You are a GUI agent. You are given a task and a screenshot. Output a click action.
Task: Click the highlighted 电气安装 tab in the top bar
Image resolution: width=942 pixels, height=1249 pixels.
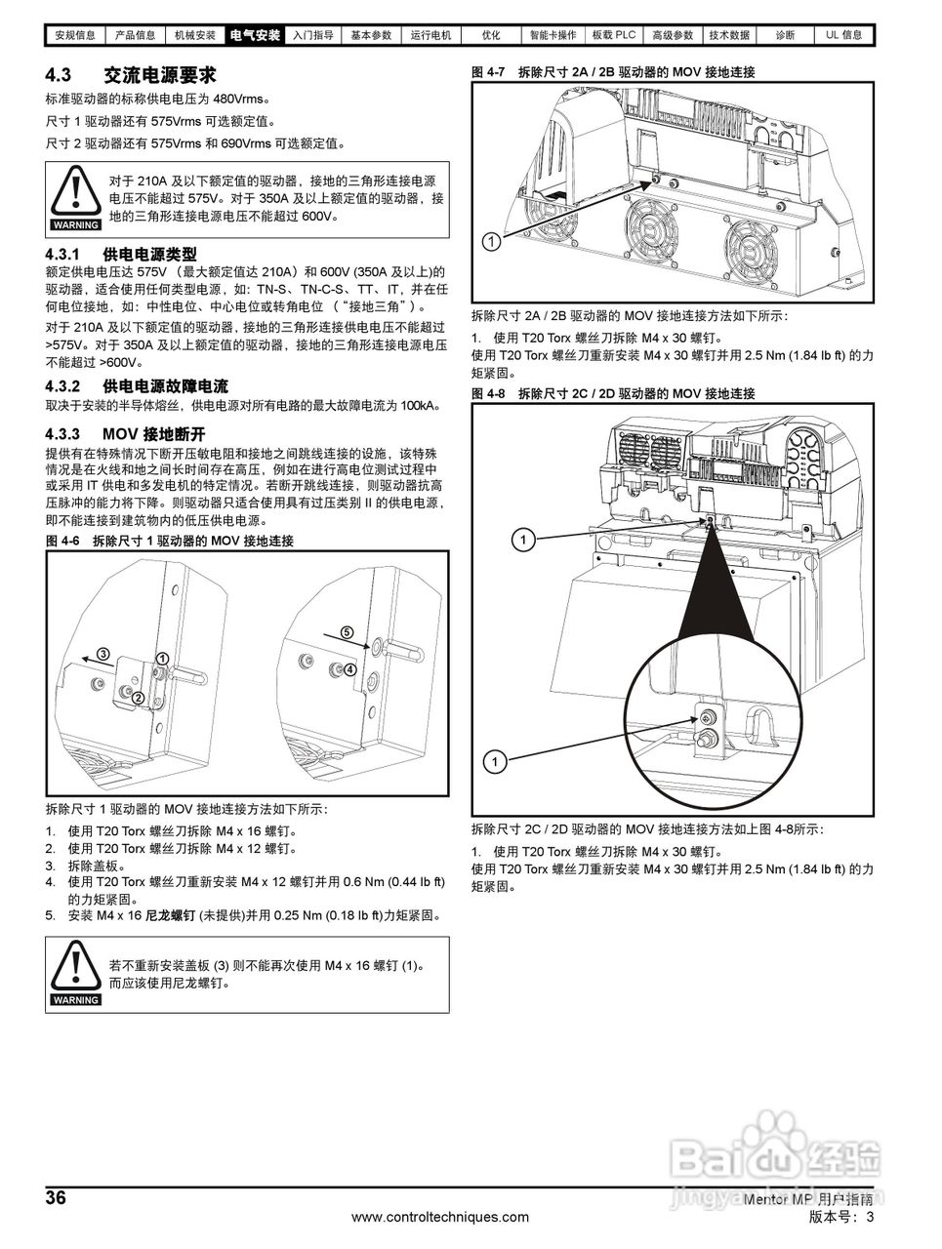tap(255, 35)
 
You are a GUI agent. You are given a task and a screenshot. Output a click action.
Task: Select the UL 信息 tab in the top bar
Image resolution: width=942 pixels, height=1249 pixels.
tap(844, 35)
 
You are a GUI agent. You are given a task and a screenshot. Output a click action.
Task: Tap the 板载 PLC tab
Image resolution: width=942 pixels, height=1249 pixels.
tap(614, 35)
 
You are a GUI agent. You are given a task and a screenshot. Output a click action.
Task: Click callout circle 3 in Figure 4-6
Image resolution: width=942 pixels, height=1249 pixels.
tap(102, 653)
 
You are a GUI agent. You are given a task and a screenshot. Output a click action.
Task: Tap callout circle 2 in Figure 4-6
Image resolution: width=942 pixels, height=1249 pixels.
tap(138, 697)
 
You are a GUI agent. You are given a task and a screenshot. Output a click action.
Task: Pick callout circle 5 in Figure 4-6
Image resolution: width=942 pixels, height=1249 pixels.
tap(347, 632)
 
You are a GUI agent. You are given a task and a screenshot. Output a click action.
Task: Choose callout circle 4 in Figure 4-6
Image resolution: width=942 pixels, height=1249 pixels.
tap(349, 669)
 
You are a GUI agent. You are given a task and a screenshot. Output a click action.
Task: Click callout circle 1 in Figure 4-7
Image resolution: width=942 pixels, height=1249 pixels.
tap(492, 240)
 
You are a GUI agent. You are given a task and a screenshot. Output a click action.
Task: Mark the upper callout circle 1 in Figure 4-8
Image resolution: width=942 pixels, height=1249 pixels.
tap(524, 539)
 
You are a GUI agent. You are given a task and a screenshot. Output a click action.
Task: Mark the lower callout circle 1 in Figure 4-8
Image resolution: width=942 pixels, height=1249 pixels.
tap(495, 760)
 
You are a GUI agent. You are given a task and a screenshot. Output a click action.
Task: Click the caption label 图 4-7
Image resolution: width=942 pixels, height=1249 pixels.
tap(487, 72)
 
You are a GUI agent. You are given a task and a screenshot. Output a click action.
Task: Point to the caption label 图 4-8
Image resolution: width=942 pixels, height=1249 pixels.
tap(487, 393)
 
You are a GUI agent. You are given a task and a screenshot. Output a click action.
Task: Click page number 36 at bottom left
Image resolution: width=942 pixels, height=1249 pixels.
tap(57, 1198)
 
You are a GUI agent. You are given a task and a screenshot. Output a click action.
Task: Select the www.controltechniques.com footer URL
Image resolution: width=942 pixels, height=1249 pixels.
tap(440, 1217)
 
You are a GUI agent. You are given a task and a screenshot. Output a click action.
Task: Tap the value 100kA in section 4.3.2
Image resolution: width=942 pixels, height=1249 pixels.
tap(420, 405)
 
